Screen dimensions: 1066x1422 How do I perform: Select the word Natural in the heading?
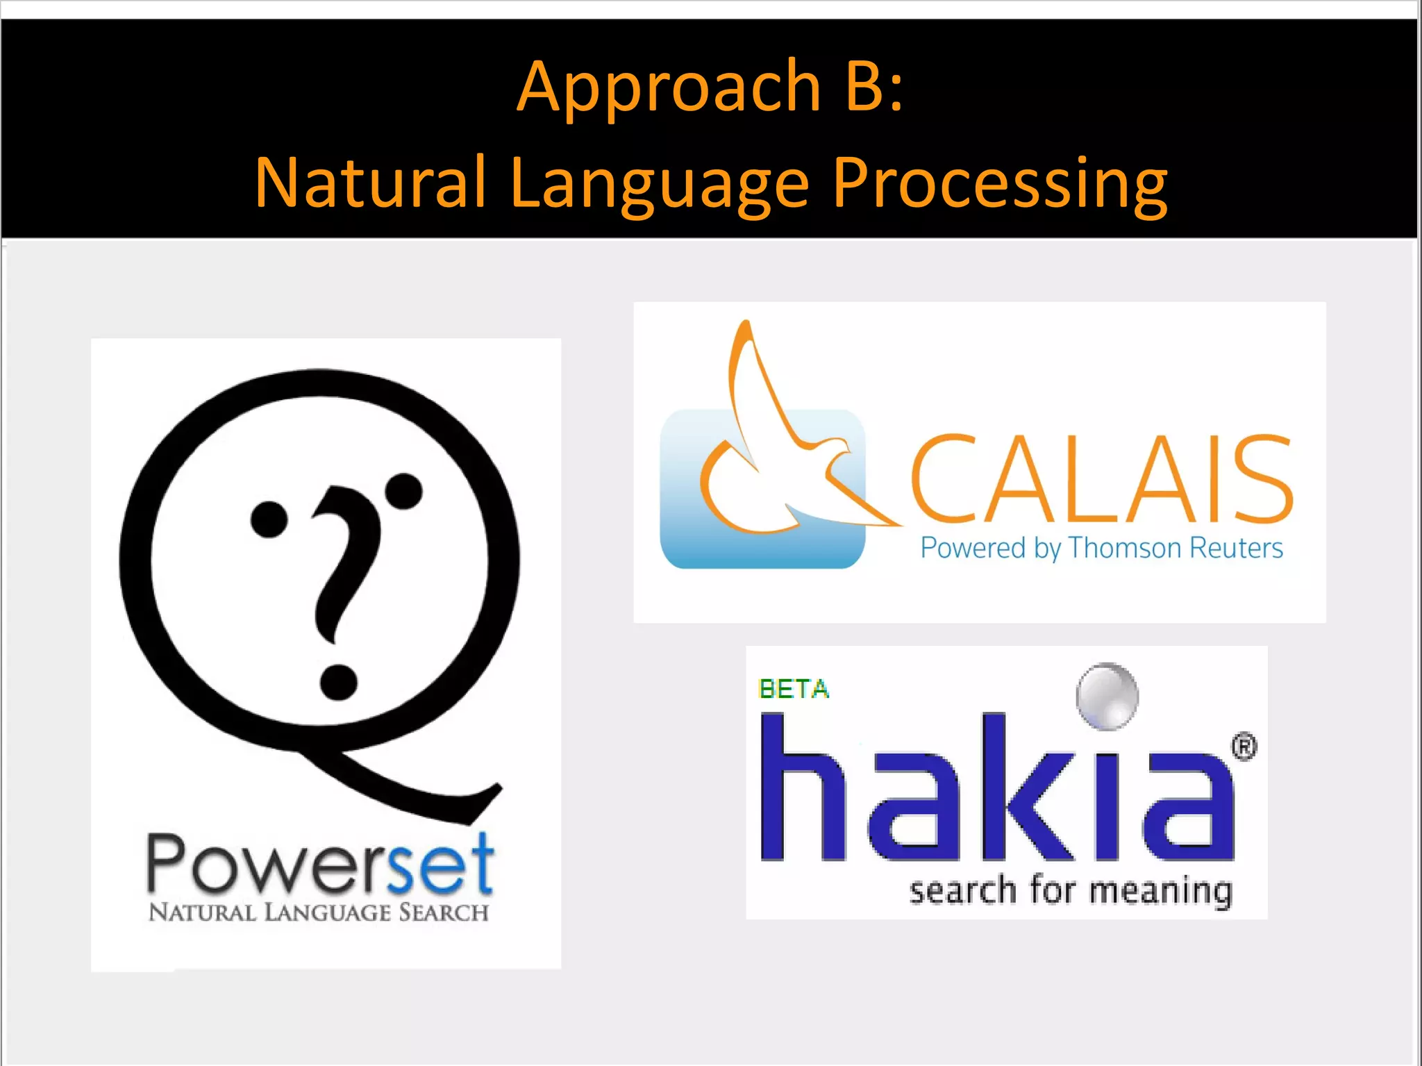click(x=370, y=183)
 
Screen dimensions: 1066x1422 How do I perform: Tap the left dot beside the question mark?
click(x=269, y=519)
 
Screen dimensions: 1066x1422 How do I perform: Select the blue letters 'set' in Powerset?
click(x=440, y=865)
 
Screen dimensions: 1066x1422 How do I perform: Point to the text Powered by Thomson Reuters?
click(x=1101, y=549)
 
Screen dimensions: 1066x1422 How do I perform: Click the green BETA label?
click(x=794, y=689)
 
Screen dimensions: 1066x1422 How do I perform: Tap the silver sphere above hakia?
click(x=1107, y=697)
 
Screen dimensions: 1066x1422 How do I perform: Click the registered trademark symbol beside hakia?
click(x=1244, y=747)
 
